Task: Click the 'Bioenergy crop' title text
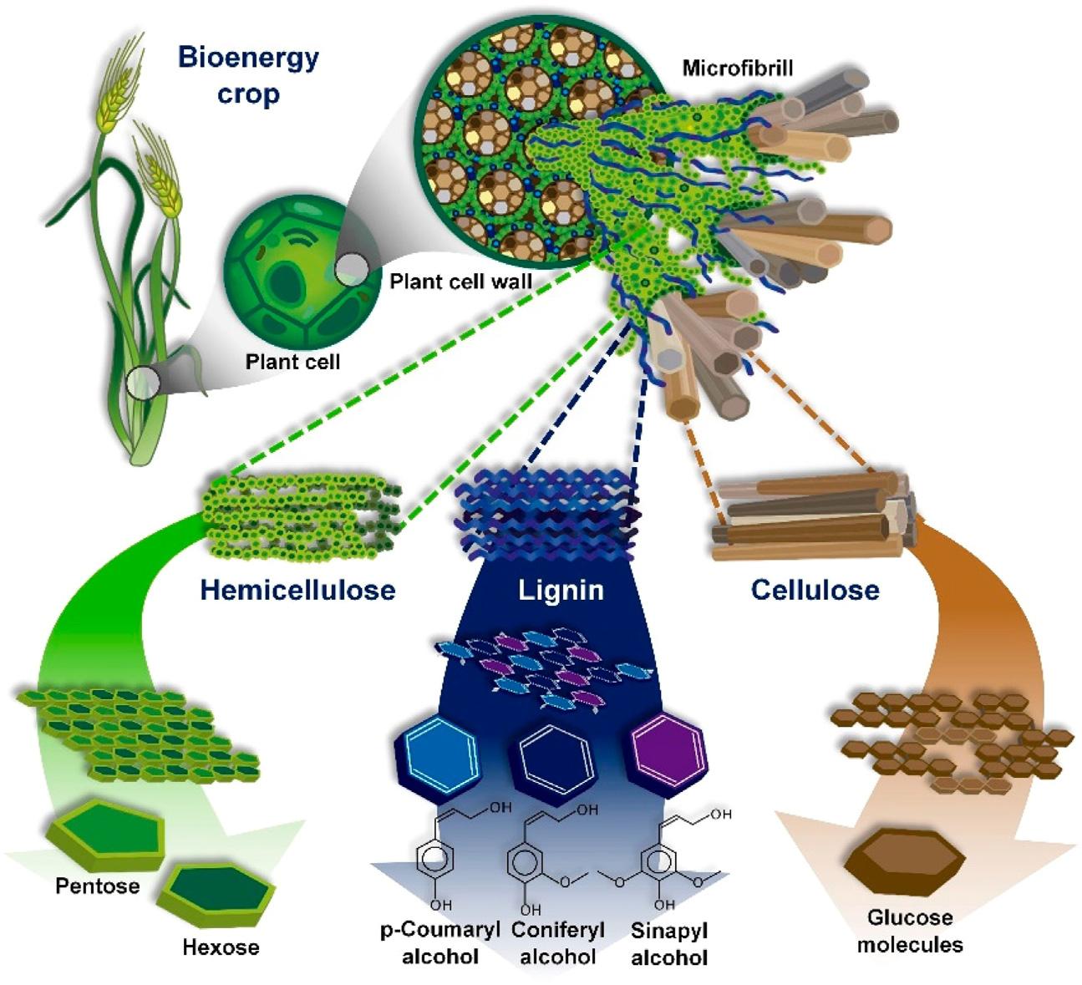tap(248, 75)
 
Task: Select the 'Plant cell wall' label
tap(460, 281)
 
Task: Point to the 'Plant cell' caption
tap(292, 362)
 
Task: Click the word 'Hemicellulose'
tap(297, 590)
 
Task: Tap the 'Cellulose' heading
tap(815, 590)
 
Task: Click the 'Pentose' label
tap(98, 886)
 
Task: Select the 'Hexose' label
tap(221, 947)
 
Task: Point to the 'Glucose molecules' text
tap(909, 931)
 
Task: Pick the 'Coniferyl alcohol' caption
tap(557, 942)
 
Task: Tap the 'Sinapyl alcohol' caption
tap(669, 942)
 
